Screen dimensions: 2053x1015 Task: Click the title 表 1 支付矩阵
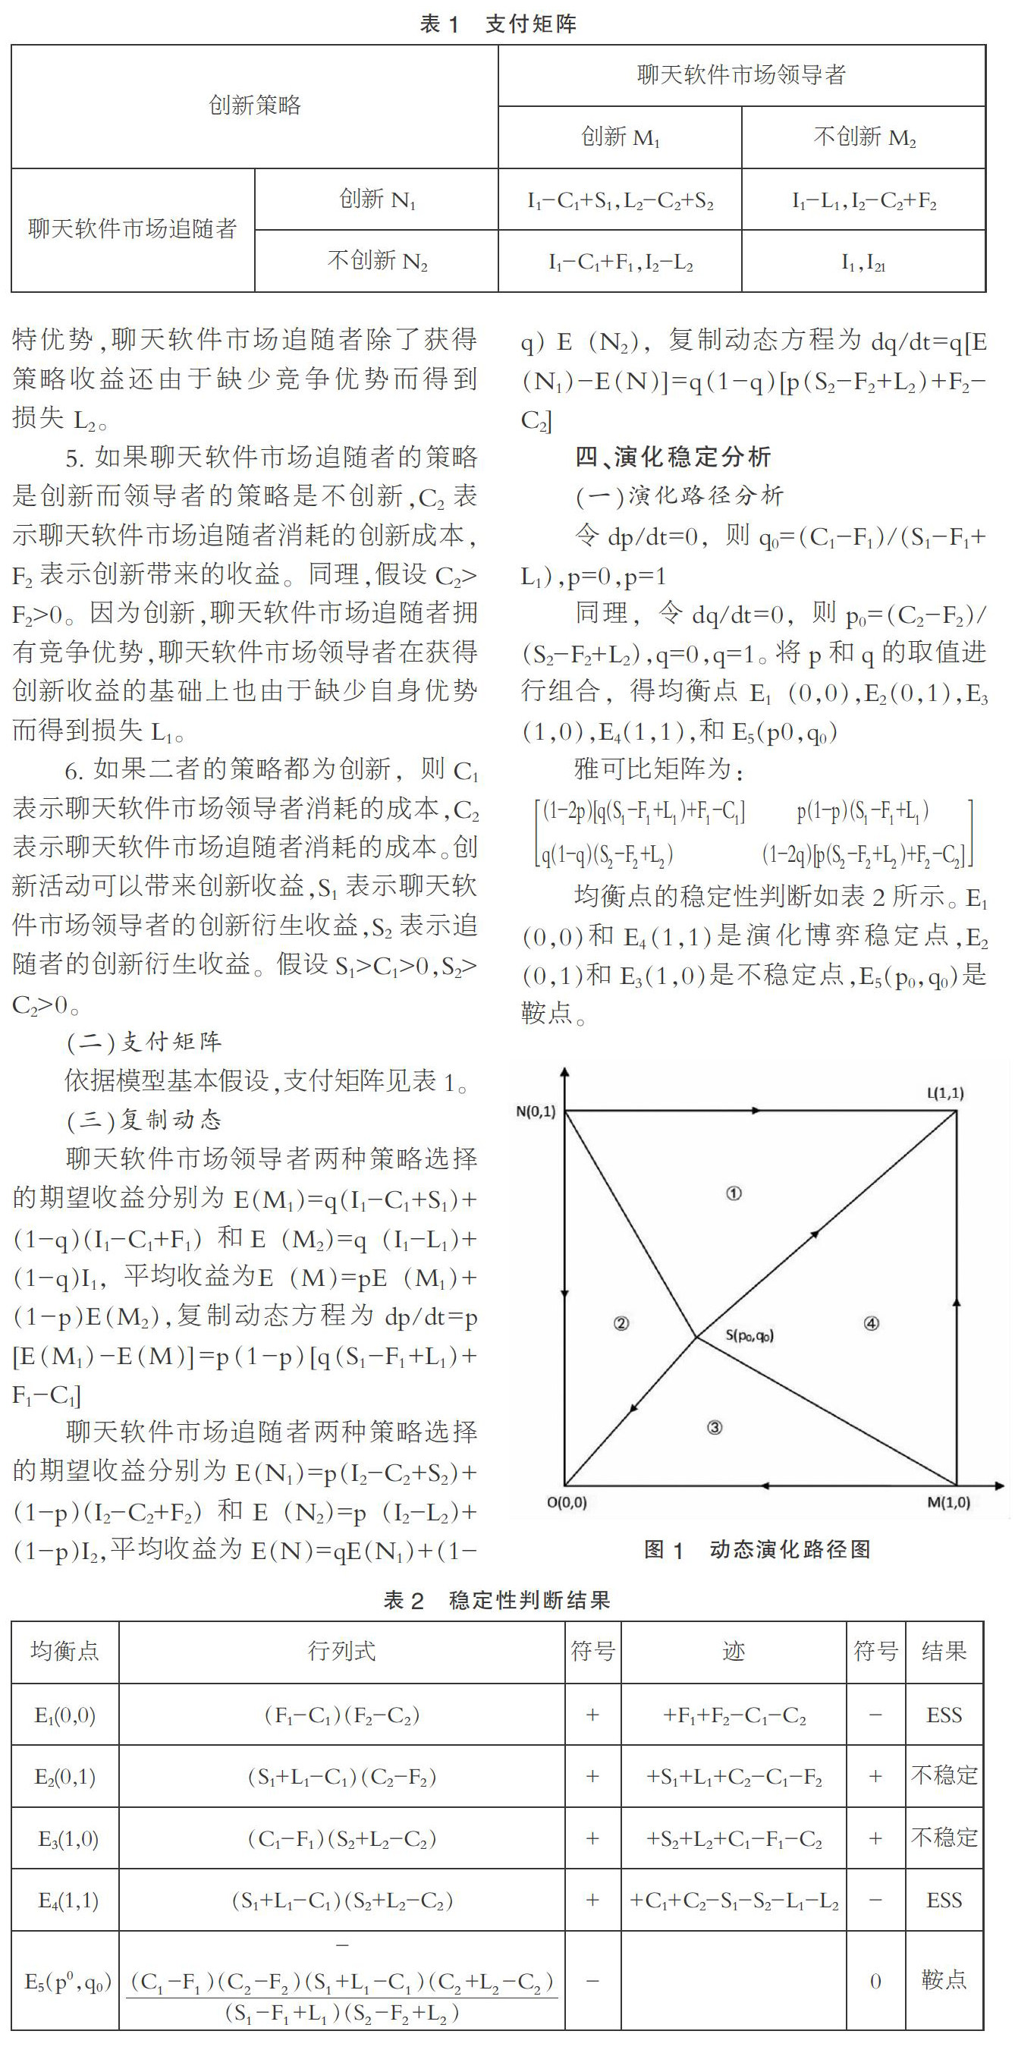tap(498, 24)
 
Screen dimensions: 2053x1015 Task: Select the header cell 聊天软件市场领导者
tap(741, 76)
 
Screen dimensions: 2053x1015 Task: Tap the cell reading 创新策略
tap(254, 105)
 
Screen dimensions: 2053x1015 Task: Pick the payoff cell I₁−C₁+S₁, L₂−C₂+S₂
tap(620, 200)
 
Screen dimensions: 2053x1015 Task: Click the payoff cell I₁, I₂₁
tap(863, 263)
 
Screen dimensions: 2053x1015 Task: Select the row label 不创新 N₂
tap(377, 262)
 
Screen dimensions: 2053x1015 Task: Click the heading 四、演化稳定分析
tap(673, 457)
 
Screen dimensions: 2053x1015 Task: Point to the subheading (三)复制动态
tap(144, 1120)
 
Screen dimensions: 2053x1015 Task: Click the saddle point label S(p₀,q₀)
tap(749, 1335)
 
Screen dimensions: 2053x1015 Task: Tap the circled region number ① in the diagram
tap(734, 1193)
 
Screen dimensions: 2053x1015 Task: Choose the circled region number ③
tap(715, 1427)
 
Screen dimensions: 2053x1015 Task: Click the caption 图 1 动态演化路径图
tap(757, 1549)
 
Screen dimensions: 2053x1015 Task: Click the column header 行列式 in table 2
tap(341, 1651)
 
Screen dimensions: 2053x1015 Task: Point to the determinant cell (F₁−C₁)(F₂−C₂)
tap(341, 1715)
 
